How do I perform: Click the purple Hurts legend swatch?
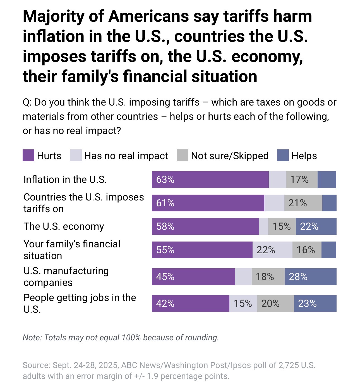point(28,156)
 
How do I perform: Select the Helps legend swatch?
point(282,156)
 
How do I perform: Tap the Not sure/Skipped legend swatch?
point(182,156)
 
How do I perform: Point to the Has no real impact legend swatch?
point(76,156)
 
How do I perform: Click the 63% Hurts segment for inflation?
point(210,180)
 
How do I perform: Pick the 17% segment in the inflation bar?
point(301,180)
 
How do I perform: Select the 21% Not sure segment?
point(303,203)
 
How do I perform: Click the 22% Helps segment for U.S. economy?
point(316,226)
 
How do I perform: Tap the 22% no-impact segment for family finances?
point(272,250)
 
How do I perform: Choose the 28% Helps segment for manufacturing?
point(310,277)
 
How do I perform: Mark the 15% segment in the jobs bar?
point(243,304)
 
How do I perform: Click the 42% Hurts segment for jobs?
point(190,304)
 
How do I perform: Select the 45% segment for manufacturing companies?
point(193,277)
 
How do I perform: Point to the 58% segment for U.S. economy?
point(205,226)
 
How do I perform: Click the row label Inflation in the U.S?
point(65,180)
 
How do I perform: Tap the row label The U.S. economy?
point(64,226)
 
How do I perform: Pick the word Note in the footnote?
point(32,338)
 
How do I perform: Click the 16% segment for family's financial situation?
point(307,250)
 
